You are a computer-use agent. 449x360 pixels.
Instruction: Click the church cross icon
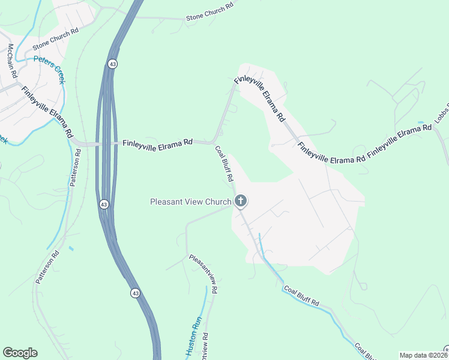click(241, 201)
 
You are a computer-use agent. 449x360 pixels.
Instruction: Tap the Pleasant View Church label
click(190, 202)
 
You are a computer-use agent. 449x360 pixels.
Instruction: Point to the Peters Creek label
click(49, 66)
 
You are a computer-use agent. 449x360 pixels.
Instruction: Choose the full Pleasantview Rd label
click(203, 273)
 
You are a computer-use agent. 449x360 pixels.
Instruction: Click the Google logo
click(20, 353)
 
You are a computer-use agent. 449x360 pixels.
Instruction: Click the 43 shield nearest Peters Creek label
click(112, 63)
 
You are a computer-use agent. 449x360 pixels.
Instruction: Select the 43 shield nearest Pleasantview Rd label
click(136, 293)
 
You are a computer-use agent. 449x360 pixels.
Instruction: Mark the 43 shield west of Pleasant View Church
click(104, 205)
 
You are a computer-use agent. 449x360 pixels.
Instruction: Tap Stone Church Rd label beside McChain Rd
click(56, 38)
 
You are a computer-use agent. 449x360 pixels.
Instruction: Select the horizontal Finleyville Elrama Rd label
click(157, 143)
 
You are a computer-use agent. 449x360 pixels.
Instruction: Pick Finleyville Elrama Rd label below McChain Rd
click(47, 113)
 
